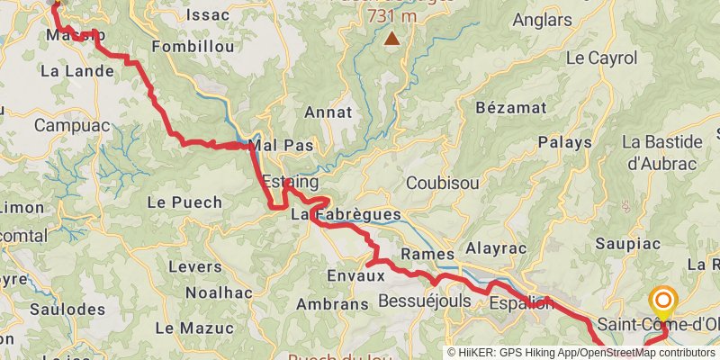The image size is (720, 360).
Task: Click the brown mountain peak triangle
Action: (392, 38)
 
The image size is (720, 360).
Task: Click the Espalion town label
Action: (520, 302)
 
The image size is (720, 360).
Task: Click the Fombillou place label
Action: (193, 46)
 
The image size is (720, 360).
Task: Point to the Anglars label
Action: (541, 20)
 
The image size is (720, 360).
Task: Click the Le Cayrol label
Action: (601, 58)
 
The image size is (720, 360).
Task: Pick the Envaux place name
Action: (355, 276)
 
